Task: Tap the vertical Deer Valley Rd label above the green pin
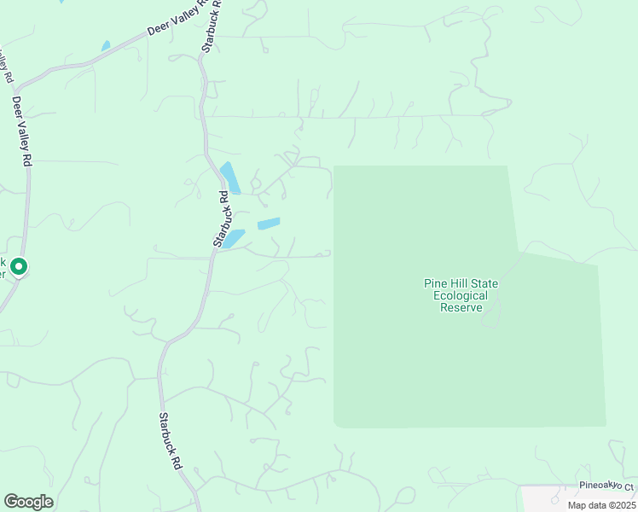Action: point(22,131)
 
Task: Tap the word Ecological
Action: point(461,296)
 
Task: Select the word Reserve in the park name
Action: point(461,308)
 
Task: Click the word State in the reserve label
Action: point(484,284)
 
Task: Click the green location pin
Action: point(19,268)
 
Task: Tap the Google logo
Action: point(28,502)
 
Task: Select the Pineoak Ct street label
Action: point(607,486)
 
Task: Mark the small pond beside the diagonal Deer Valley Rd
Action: point(106,45)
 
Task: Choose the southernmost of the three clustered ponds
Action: point(233,239)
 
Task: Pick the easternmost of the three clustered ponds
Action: point(269,224)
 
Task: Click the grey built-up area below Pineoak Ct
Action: point(580,500)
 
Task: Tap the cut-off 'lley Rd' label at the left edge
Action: point(6,67)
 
